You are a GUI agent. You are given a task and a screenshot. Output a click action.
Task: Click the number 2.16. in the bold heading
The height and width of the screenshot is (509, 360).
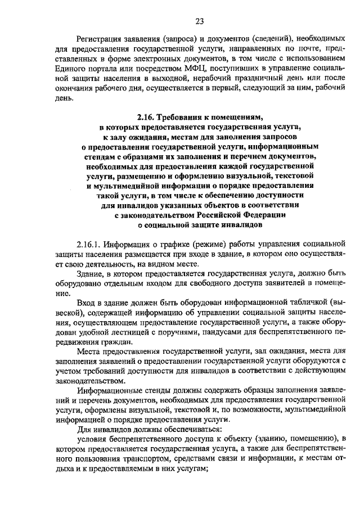click(147, 118)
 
